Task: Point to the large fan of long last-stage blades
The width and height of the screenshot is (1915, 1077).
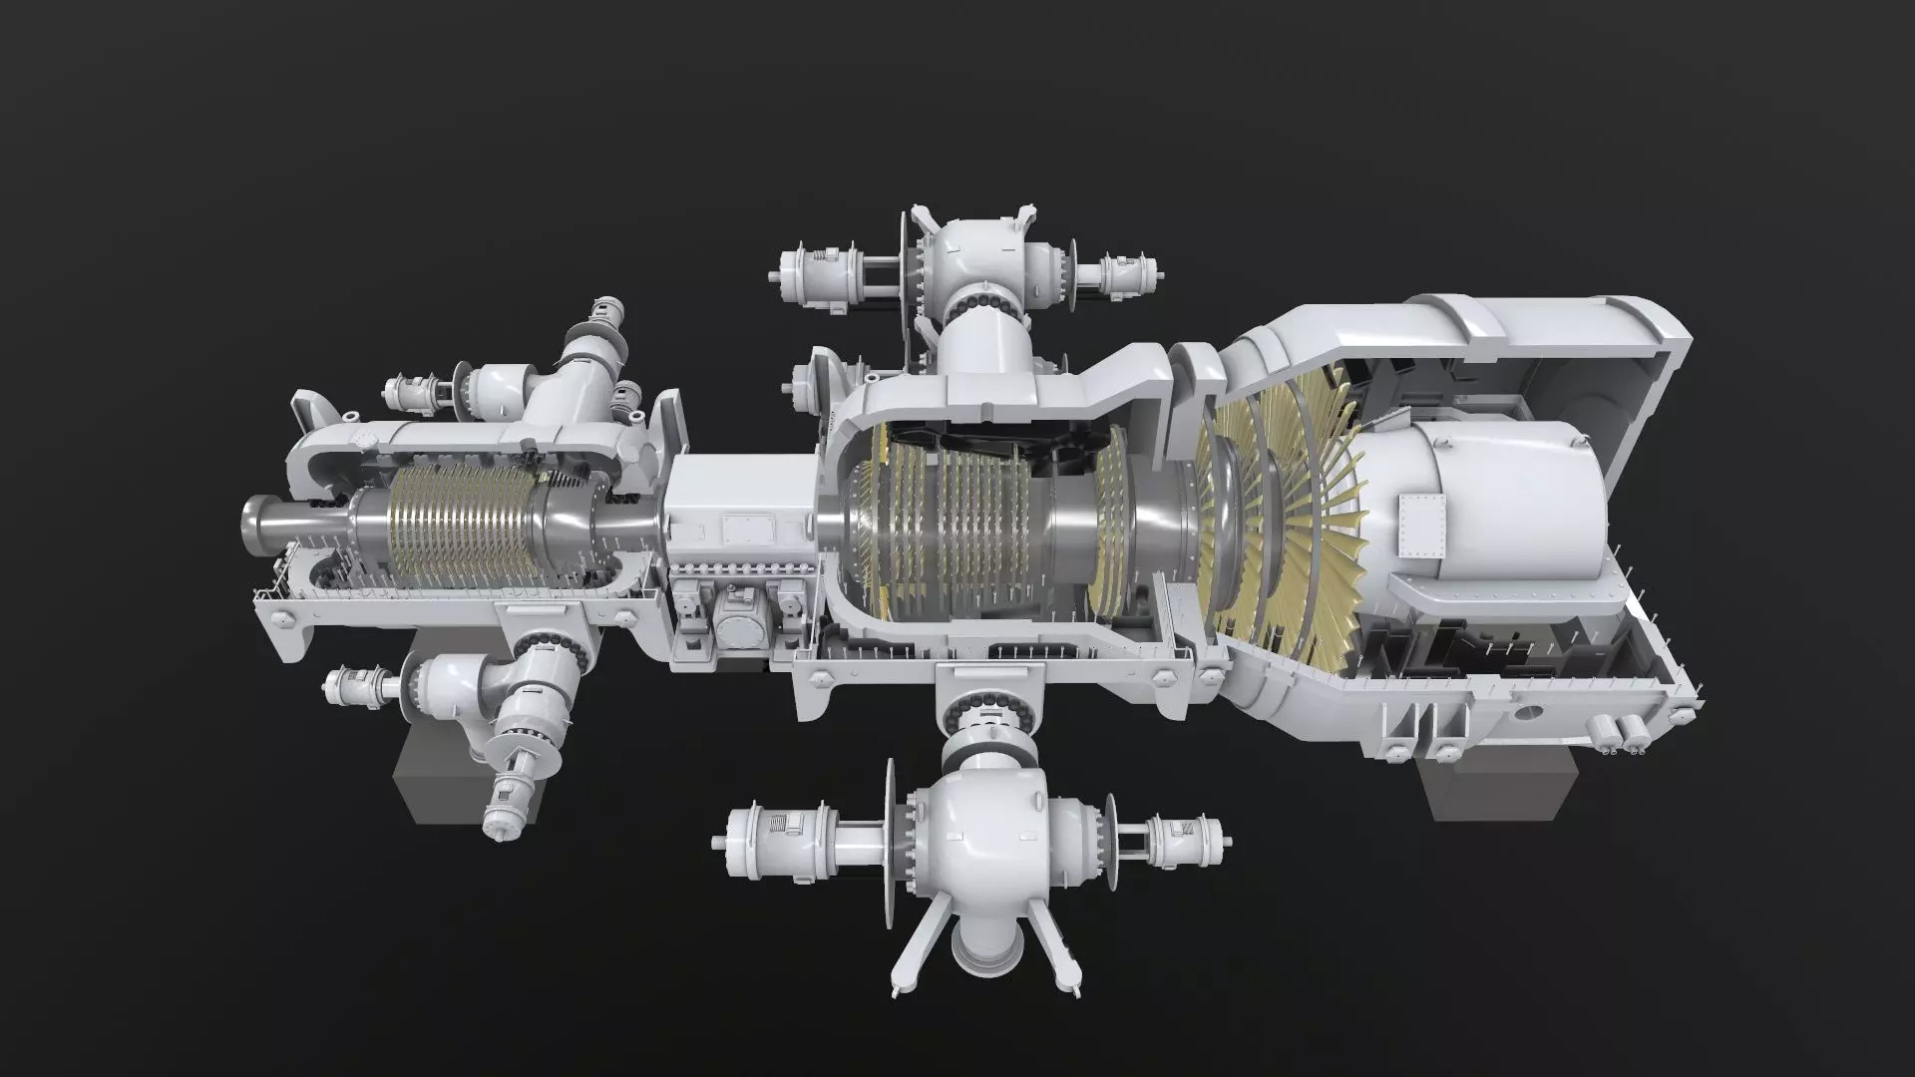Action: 1287,519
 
